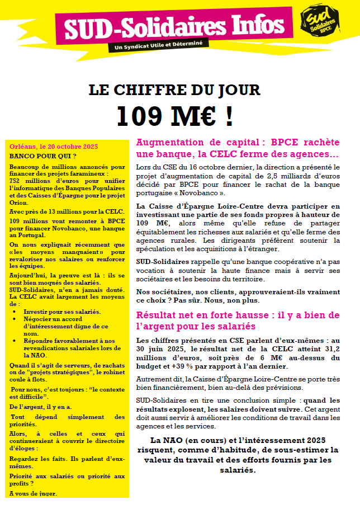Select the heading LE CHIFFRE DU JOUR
click(x=174, y=90)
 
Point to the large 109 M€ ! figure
click(x=174, y=115)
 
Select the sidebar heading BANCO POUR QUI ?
click(x=43, y=155)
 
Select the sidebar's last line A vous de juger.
click(x=34, y=493)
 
